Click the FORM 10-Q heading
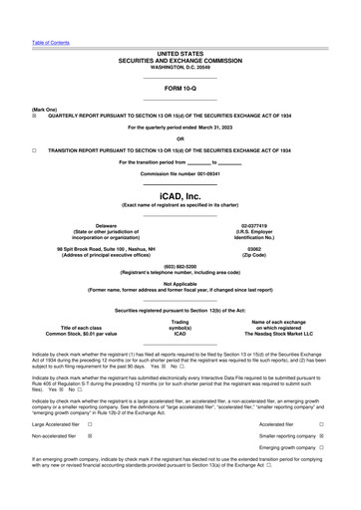coord(180,88)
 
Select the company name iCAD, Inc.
coord(180,196)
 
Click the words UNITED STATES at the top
coord(180,53)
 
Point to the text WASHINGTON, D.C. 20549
coord(180,67)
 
